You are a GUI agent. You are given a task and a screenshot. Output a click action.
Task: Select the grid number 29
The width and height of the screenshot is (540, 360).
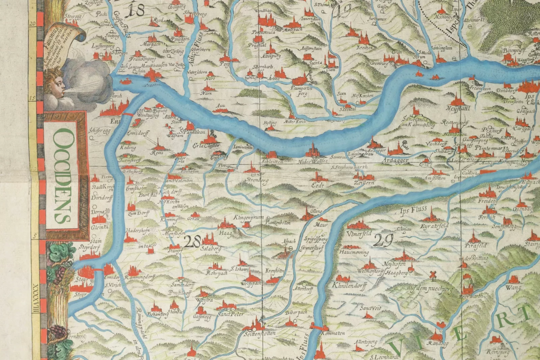coord(384,241)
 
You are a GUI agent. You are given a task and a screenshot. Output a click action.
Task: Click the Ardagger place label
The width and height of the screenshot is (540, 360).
coord(395,161)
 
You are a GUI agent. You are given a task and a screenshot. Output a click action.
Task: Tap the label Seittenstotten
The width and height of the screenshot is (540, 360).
coord(260,333)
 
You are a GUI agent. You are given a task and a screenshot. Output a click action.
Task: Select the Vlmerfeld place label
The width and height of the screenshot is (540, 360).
coord(359,233)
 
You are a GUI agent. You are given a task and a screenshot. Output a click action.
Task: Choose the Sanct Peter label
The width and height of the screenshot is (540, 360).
coord(230,314)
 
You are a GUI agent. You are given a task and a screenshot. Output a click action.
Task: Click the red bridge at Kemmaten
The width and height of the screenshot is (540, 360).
coord(319,327)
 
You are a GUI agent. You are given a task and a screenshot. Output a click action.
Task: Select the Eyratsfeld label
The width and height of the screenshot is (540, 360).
coord(434,225)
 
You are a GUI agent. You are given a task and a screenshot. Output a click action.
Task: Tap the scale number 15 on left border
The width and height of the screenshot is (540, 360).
coord(33,98)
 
